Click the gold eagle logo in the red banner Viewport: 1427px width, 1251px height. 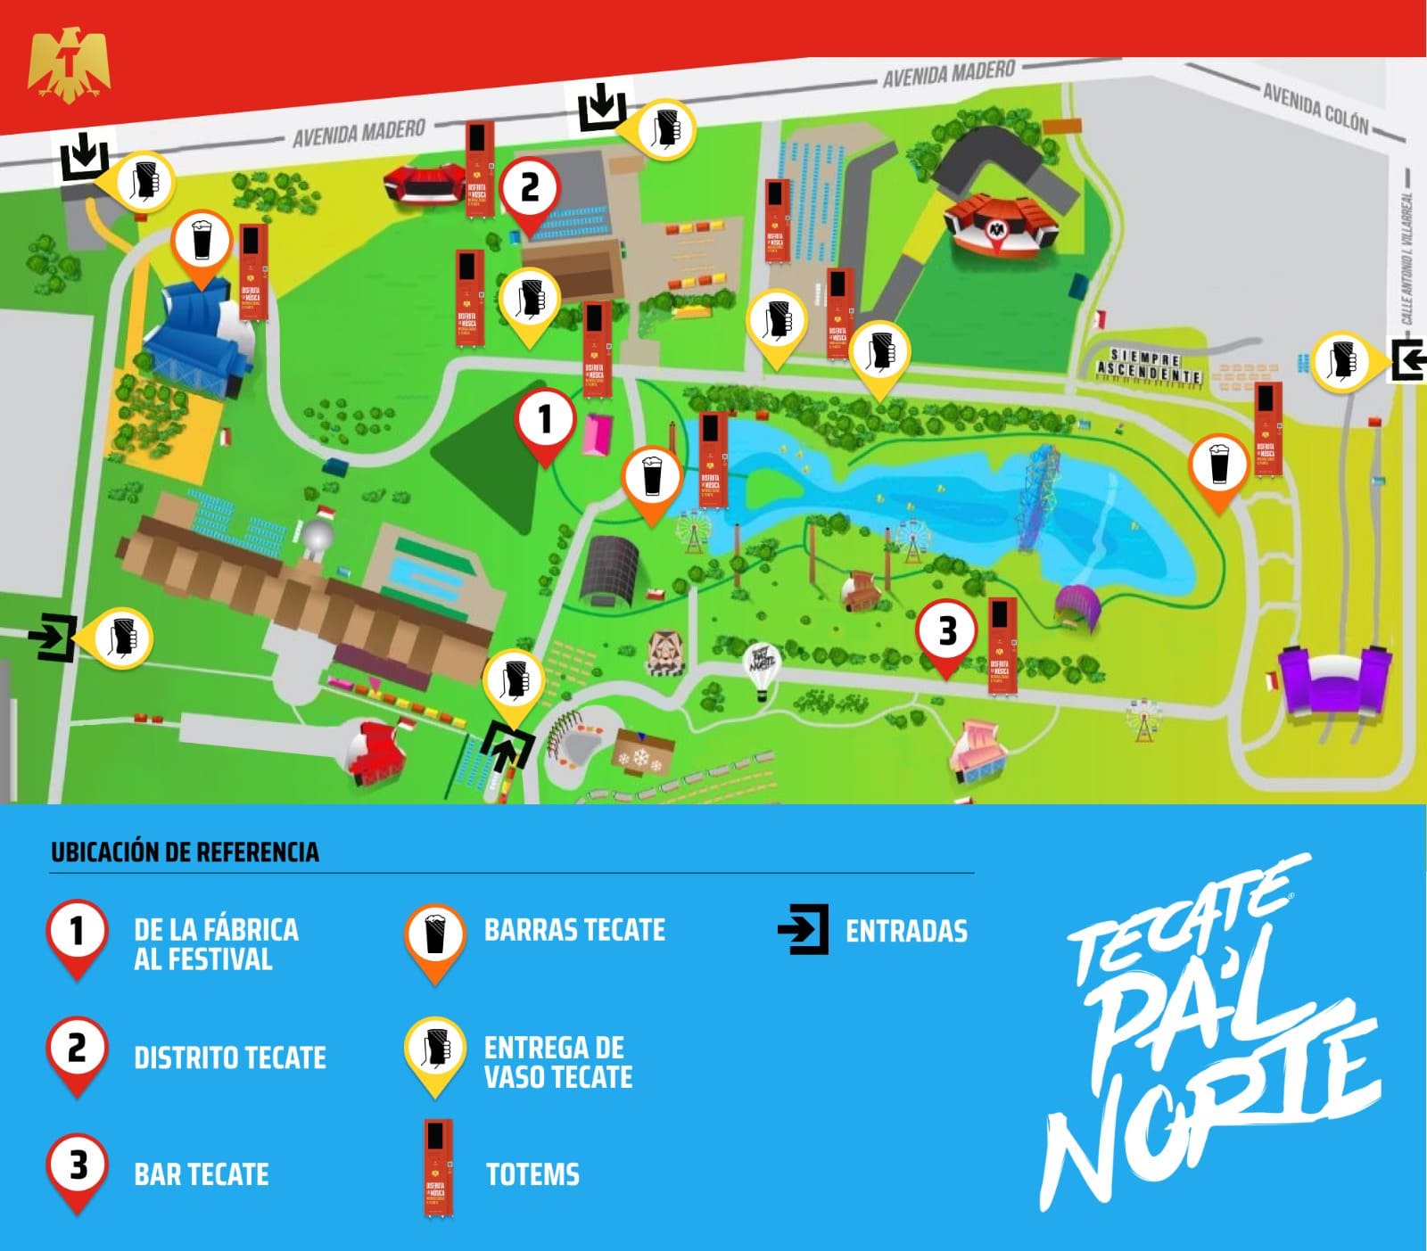coord(69,65)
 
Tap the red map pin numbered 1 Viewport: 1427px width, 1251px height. coord(545,420)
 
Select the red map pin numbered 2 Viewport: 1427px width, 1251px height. coord(530,189)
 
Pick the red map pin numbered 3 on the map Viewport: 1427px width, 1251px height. coord(947,632)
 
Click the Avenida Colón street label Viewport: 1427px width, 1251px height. coord(1316,108)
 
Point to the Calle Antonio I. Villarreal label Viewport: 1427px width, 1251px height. coord(1406,259)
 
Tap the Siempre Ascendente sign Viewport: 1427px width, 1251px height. coord(1149,366)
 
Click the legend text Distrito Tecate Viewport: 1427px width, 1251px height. coord(229,1058)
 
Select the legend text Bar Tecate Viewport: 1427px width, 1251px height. coord(201,1174)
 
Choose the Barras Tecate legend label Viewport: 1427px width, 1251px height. coord(574,930)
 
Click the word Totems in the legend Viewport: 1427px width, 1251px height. coord(532,1174)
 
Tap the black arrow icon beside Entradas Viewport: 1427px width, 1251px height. coord(803,930)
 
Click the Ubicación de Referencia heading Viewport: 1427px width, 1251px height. coord(185,852)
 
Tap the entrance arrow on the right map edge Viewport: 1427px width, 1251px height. coord(1408,361)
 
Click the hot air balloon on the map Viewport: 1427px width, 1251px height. coord(762,668)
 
